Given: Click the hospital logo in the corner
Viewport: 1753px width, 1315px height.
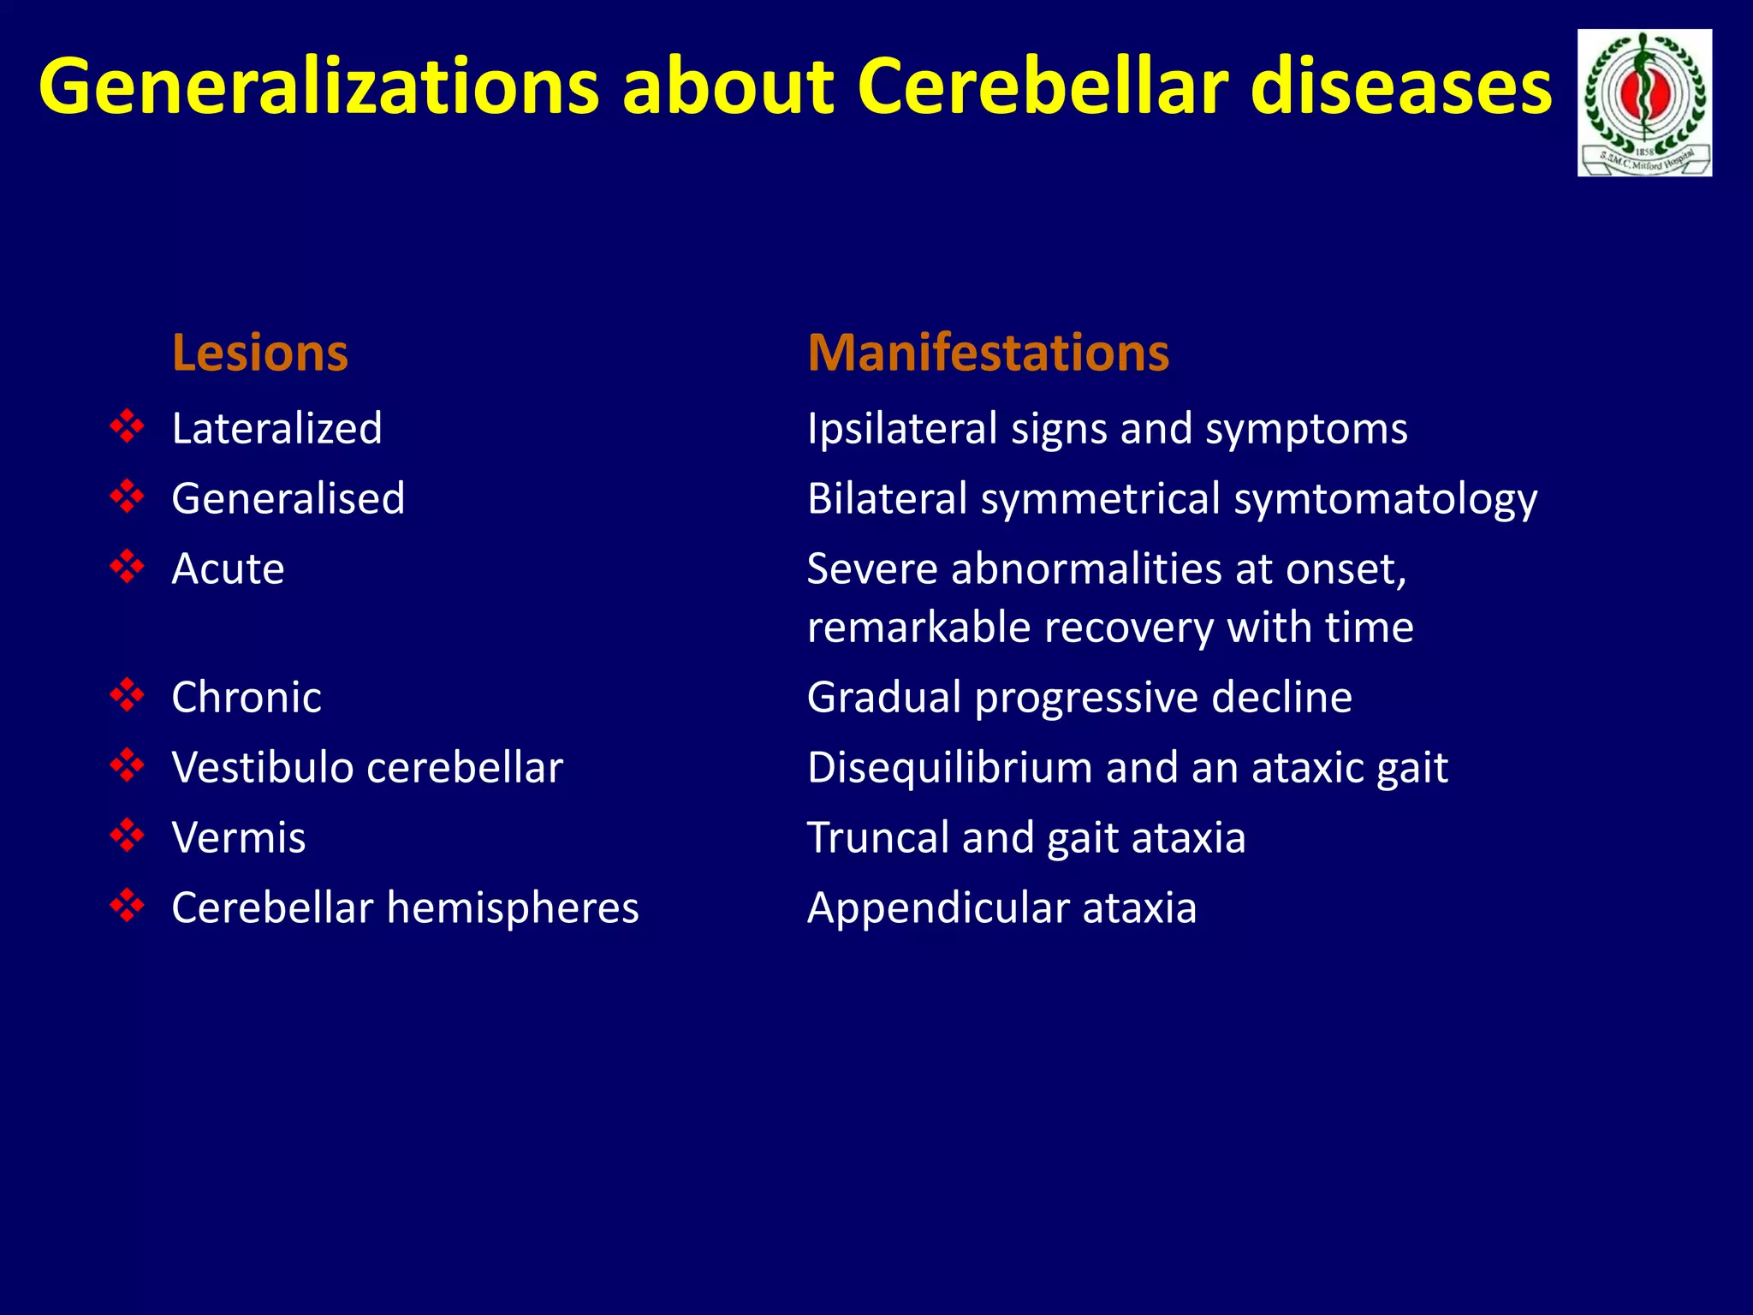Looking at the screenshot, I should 1644,103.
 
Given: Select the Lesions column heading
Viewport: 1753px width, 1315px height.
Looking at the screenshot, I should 259,353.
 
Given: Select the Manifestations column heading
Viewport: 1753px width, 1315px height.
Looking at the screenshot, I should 988,353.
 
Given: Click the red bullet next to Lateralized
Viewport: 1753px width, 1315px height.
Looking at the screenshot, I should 127,426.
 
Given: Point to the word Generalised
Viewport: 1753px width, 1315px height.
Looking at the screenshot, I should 288,498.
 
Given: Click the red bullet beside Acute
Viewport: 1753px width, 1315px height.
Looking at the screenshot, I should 127,567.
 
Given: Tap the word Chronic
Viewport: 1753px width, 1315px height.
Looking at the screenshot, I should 247,697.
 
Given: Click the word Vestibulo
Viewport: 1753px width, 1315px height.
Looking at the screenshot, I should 262,767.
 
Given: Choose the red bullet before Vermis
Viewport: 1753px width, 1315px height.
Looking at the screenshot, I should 127,836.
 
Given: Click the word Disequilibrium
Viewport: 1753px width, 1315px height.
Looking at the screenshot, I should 949,768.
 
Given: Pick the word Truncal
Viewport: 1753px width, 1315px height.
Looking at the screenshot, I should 878,837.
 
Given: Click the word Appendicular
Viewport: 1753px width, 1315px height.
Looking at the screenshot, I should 937,908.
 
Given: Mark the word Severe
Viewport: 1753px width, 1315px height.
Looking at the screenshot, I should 871,568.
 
